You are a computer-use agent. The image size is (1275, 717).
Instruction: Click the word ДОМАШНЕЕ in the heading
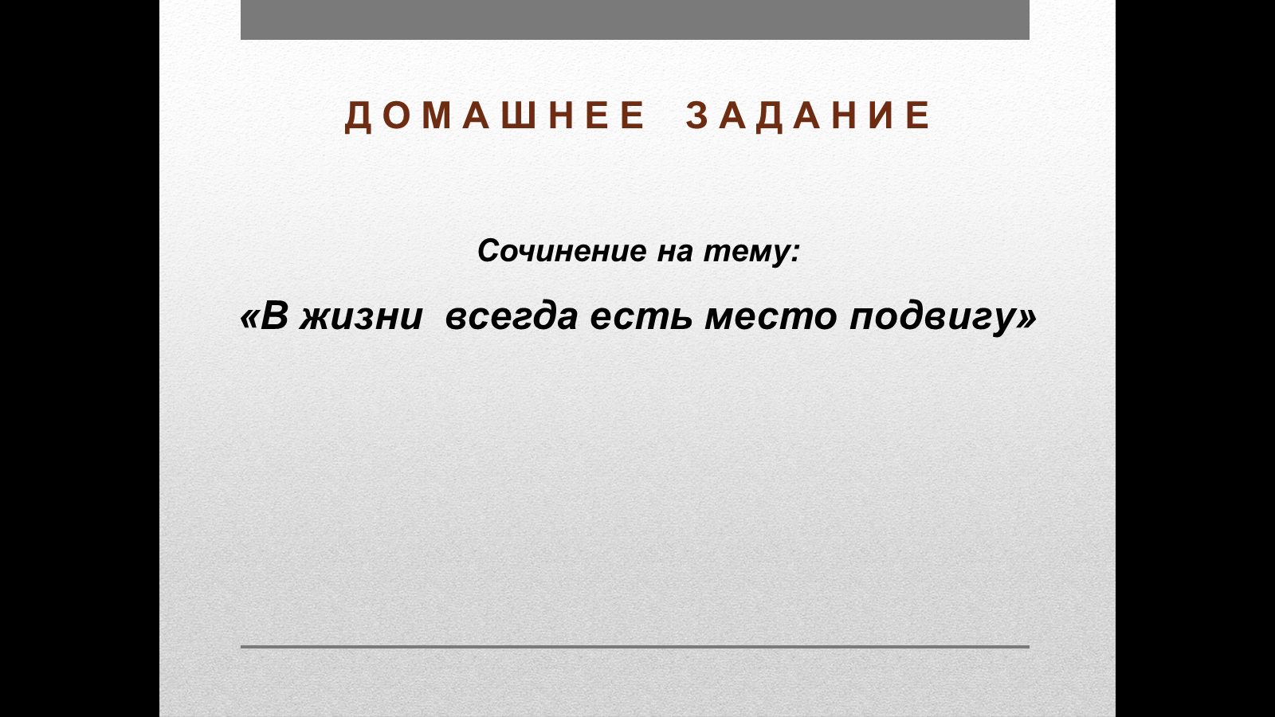[495, 116]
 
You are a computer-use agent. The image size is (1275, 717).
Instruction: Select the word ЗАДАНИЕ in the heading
[808, 116]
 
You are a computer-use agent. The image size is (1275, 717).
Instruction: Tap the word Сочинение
[562, 250]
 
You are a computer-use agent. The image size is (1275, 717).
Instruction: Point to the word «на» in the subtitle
[675, 252]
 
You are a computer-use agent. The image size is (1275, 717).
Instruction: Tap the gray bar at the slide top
[634, 19]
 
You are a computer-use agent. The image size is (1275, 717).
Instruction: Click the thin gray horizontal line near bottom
[634, 647]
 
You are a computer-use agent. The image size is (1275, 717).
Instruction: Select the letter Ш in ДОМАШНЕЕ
[519, 116]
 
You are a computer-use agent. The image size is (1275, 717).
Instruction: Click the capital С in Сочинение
[488, 251]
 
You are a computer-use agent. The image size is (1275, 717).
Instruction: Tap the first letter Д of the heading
[358, 117]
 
